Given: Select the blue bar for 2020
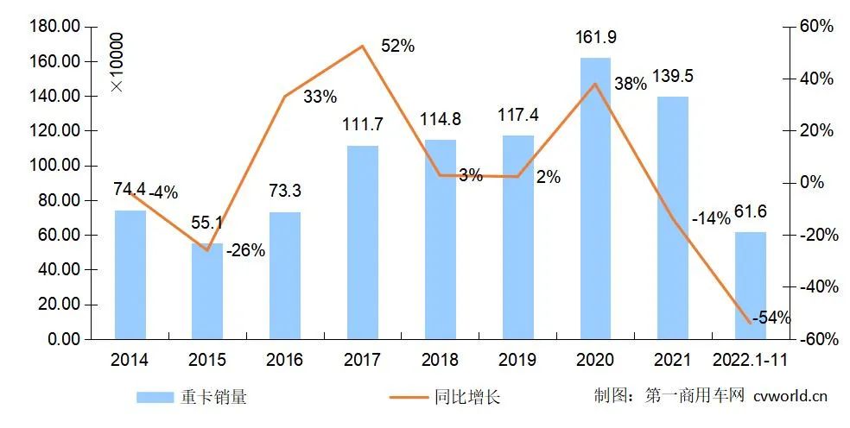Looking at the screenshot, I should coord(595,198).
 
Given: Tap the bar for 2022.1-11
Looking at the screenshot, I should coord(751,285).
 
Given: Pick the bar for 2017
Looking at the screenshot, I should coord(363,242).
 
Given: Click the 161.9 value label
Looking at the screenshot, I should coord(595,38).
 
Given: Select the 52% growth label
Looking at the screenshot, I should coord(397,47).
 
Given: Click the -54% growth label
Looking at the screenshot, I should coord(771,318).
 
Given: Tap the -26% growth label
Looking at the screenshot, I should coord(245,251).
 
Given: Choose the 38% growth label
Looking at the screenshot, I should coord(630,84).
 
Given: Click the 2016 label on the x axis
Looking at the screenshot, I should coord(285,360).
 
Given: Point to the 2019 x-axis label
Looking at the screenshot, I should coord(517,360).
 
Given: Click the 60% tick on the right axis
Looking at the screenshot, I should coord(815,27).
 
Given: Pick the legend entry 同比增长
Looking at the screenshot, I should coord(444,397).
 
